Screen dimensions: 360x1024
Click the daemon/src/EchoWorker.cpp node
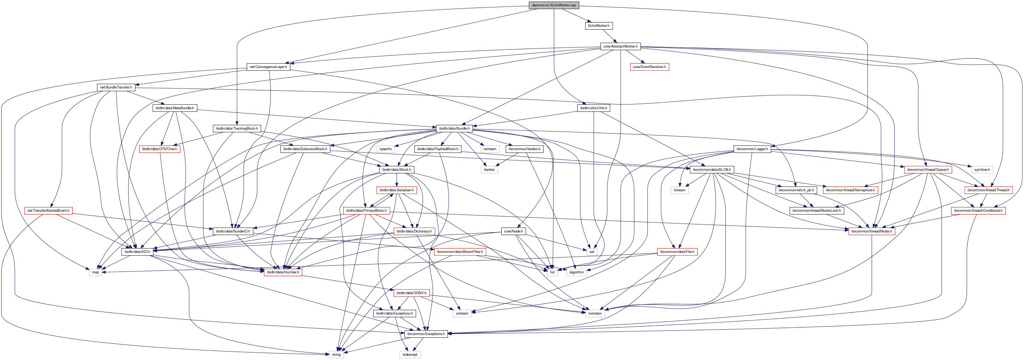pos(553,5)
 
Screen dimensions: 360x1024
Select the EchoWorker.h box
pos(598,26)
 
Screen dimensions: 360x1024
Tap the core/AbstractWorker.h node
pos(620,46)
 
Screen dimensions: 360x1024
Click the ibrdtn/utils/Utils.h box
pos(593,108)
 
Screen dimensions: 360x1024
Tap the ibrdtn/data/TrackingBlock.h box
pos(236,128)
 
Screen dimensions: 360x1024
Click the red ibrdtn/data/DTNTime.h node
pos(159,149)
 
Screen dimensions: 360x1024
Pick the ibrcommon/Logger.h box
pos(752,149)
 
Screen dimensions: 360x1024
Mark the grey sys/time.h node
pos(981,170)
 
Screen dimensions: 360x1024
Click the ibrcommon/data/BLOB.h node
pos(711,170)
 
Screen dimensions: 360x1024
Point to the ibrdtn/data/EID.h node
pos(137,252)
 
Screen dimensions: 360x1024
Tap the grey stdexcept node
pos(410,354)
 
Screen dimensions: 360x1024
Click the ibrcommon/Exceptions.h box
pos(426,334)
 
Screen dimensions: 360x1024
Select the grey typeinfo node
pos(385,149)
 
